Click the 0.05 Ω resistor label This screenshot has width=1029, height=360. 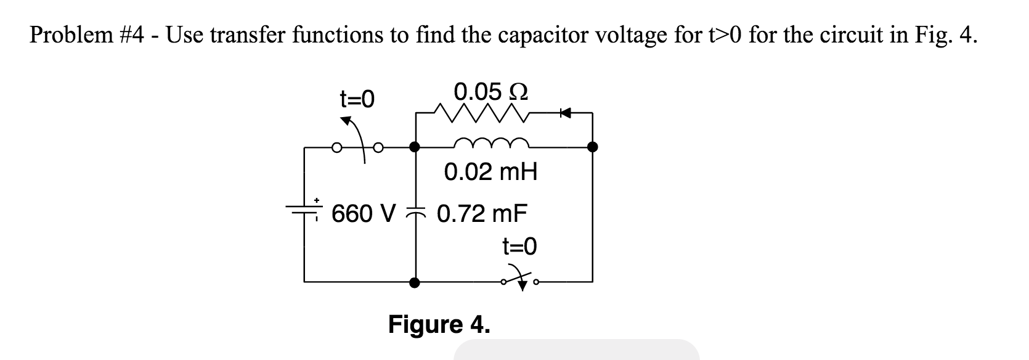(x=490, y=92)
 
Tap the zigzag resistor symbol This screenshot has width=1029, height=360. (x=480, y=113)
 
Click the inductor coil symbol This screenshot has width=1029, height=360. (x=490, y=143)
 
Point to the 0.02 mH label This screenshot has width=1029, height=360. (x=490, y=172)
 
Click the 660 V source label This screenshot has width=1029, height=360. (x=363, y=214)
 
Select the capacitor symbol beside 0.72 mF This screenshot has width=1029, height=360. (x=416, y=211)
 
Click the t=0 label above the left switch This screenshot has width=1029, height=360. (x=357, y=99)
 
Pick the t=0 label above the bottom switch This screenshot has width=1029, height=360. (x=519, y=247)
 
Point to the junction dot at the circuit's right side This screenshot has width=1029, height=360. (x=592, y=147)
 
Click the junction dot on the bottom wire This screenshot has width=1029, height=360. (x=416, y=282)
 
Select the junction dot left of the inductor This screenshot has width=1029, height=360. (x=416, y=147)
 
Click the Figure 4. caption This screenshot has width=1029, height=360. (x=439, y=324)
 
